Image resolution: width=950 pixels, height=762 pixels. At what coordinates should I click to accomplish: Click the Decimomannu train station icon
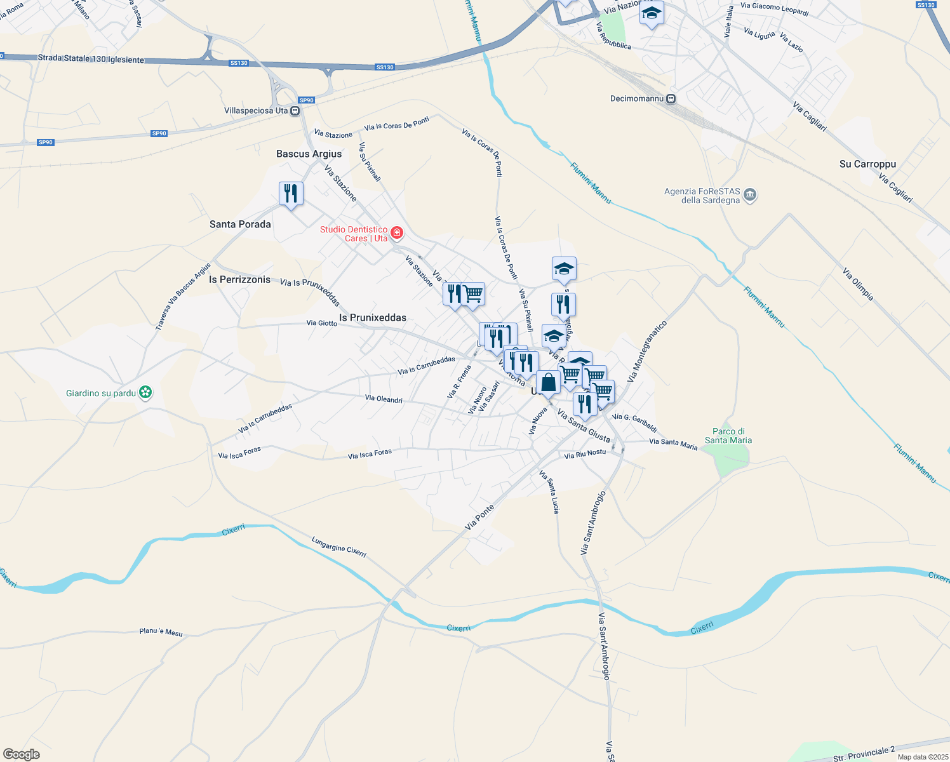(671, 99)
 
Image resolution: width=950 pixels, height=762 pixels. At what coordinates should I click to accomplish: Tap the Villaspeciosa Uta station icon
(295, 111)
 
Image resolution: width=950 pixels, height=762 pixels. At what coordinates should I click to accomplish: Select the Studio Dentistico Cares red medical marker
(397, 233)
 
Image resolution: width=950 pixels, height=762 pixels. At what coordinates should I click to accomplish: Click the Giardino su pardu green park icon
(146, 393)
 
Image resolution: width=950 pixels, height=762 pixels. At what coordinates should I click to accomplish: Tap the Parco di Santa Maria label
(728, 436)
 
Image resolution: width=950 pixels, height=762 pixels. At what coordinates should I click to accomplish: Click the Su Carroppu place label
(867, 164)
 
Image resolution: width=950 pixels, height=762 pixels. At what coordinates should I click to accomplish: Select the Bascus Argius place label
(309, 154)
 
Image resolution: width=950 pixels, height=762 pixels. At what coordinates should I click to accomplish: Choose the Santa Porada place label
(240, 224)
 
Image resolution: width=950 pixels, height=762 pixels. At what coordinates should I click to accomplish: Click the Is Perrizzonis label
(239, 279)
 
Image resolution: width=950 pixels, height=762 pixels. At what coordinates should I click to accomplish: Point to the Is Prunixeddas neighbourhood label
(372, 317)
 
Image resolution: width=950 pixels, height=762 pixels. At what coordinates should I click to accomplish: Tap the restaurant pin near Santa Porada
(291, 193)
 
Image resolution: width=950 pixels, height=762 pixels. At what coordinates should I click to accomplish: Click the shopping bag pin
(548, 382)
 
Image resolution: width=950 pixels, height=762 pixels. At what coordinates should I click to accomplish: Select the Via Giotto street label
(321, 323)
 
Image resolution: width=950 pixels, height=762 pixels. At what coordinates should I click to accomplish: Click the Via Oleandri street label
(384, 399)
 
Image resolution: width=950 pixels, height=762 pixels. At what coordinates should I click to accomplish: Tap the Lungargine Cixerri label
(338, 547)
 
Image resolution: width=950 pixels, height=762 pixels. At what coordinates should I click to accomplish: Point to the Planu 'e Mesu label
(161, 632)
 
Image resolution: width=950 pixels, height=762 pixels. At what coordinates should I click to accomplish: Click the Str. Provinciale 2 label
(864, 754)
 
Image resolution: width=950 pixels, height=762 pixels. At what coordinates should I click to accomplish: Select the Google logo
(22, 754)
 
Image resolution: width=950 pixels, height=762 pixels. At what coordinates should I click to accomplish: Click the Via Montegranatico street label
(647, 351)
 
